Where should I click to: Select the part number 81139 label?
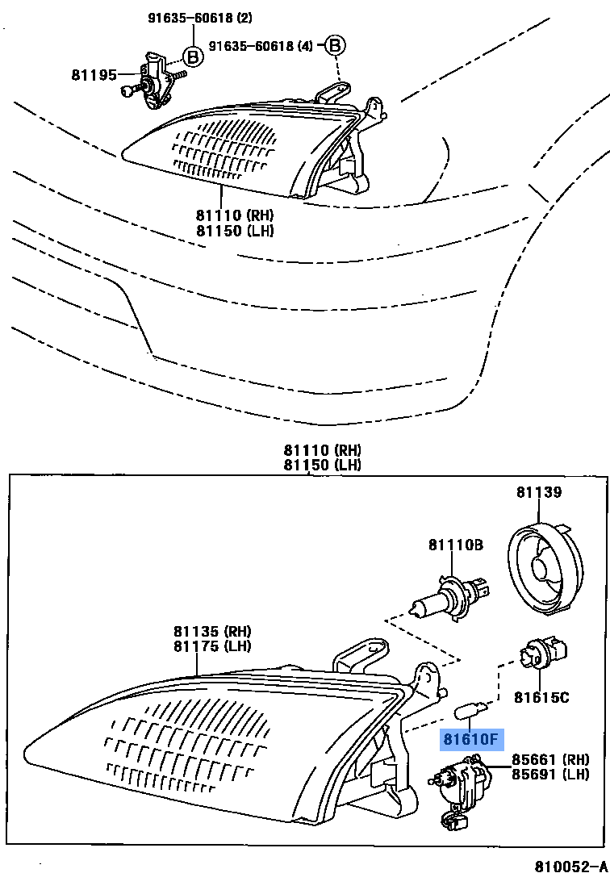coord(539,491)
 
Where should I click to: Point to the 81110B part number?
coord(455,546)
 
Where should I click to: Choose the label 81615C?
coord(542,696)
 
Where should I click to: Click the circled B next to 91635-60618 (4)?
coord(335,46)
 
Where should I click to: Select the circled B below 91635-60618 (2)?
coord(193,56)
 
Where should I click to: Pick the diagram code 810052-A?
coord(570,867)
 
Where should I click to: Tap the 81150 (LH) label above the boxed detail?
coord(322,465)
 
